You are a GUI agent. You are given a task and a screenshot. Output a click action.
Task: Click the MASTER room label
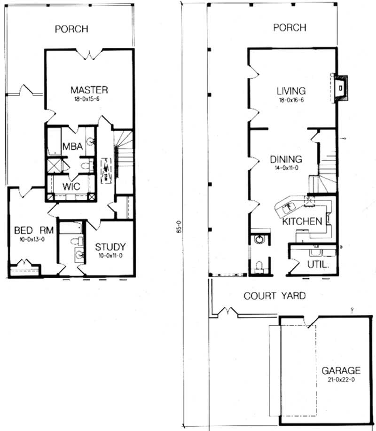[x=89, y=89]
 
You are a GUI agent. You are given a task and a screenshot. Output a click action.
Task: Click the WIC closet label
[x=70, y=186]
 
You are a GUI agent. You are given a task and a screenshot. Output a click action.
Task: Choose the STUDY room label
[x=110, y=247]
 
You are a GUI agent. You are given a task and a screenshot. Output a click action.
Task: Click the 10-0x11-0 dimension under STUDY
[x=110, y=256]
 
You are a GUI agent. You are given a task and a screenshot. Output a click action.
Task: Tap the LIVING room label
[x=291, y=91]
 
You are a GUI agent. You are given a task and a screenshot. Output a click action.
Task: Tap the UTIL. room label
[x=318, y=265]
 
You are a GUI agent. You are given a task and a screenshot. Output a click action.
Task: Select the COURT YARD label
[x=274, y=296]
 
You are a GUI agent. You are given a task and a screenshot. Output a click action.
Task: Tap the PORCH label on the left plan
[x=71, y=29]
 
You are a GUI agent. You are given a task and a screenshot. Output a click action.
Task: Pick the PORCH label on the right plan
[x=290, y=28]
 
